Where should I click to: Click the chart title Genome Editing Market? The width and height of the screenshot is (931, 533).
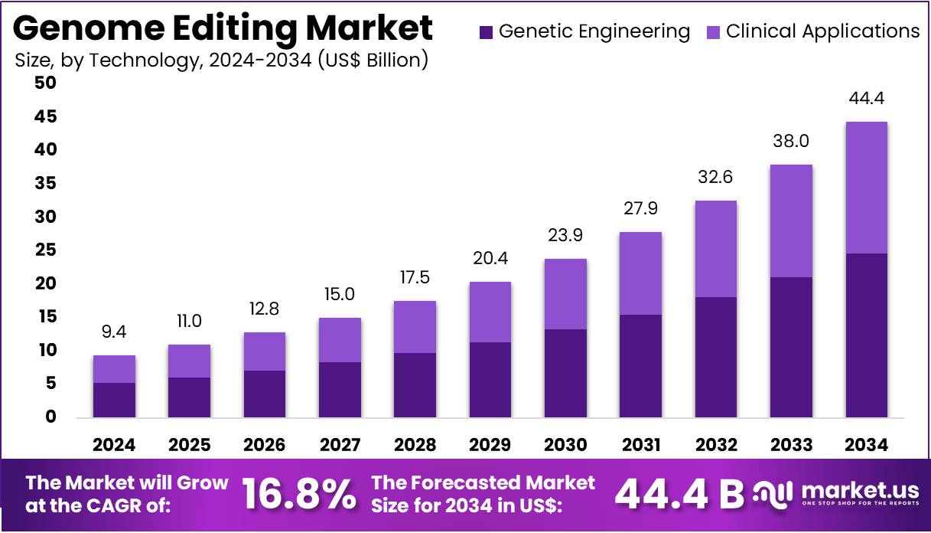coord(223,28)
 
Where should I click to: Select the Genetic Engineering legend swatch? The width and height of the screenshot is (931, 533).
coord(485,32)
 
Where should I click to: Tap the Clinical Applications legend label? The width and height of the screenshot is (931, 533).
coord(822,31)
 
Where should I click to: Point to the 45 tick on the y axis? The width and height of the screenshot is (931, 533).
coord(45,116)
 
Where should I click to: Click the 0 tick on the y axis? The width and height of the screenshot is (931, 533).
coord(50,417)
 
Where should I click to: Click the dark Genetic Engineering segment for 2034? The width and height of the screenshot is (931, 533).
coord(866,335)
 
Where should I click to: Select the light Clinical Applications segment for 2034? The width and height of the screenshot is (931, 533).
coord(866,188)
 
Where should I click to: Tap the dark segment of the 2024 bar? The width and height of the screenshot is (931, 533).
coord(114,400)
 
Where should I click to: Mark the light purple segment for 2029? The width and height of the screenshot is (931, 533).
coord(490,312)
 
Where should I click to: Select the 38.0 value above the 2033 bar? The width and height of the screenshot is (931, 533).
coord(791,142)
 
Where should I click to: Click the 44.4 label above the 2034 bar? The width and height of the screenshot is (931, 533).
coord(866,99)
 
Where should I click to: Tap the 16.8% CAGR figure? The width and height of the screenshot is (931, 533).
coord(299,494)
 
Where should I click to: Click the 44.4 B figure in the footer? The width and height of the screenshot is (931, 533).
coord(679,495)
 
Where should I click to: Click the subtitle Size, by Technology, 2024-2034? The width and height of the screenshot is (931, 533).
coord(221,60)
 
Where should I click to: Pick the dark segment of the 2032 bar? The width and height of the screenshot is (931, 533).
coord(716,357)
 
